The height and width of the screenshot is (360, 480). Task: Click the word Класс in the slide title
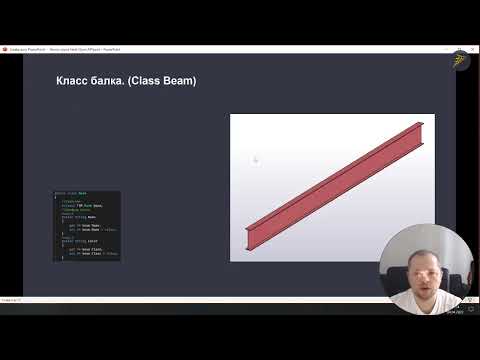click(x=71, y=80)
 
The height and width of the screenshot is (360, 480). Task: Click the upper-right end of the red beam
click(x=418, y=127)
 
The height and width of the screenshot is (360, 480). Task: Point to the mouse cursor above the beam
click(x=255, y=158)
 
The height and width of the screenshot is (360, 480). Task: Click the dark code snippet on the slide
click(x=86, y=225)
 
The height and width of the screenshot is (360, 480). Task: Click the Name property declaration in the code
click(x=89, y=216)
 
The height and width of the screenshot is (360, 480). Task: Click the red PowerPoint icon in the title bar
click(x=5, y=48)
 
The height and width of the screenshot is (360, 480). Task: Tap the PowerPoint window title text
click(x=60, y=48)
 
